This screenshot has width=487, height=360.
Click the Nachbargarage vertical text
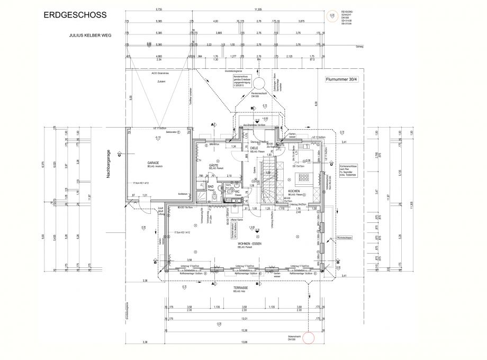tap(107, 165)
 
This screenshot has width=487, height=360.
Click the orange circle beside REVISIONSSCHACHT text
tap(332, 17)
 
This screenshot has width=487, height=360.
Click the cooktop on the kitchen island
tap(306, 177)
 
